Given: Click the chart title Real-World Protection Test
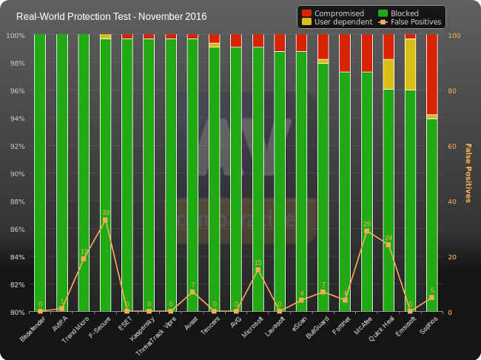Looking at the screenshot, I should click(x=111, y=16).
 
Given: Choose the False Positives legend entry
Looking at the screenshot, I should click(x=409, y=22).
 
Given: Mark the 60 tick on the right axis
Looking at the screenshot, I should click(x=453, y=146).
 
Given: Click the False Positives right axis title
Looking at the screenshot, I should click(x=468, y=173).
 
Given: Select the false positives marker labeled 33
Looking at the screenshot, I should click(x=105, y=221).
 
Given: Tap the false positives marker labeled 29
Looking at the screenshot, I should click(x=366, y=231).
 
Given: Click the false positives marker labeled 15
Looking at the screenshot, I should click(x=258, y=270).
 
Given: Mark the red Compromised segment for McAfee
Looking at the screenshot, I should click(x=366, y=53).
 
